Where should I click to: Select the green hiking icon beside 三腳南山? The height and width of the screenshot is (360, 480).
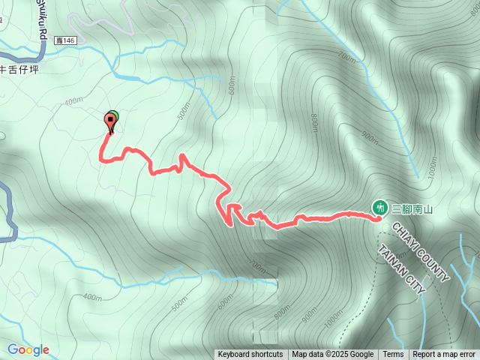coord(380,208)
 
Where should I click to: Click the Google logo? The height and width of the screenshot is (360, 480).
coord(28,349)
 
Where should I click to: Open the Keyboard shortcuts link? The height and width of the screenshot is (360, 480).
coord(250,355)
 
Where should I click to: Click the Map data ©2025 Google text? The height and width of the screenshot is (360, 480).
coord(333,355)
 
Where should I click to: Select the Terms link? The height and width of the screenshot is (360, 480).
coord(393,355)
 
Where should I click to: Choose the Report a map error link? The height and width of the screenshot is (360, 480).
coord(445,355)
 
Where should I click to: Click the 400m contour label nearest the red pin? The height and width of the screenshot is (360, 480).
coord(73,101)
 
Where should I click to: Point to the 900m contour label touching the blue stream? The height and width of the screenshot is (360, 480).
coord(369,136)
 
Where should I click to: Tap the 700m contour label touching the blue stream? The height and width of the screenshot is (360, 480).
coord(346,57)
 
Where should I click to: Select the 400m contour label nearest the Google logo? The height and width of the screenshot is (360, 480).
coord(93,297)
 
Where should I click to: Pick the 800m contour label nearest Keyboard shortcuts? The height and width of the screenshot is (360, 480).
coord(282,311)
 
